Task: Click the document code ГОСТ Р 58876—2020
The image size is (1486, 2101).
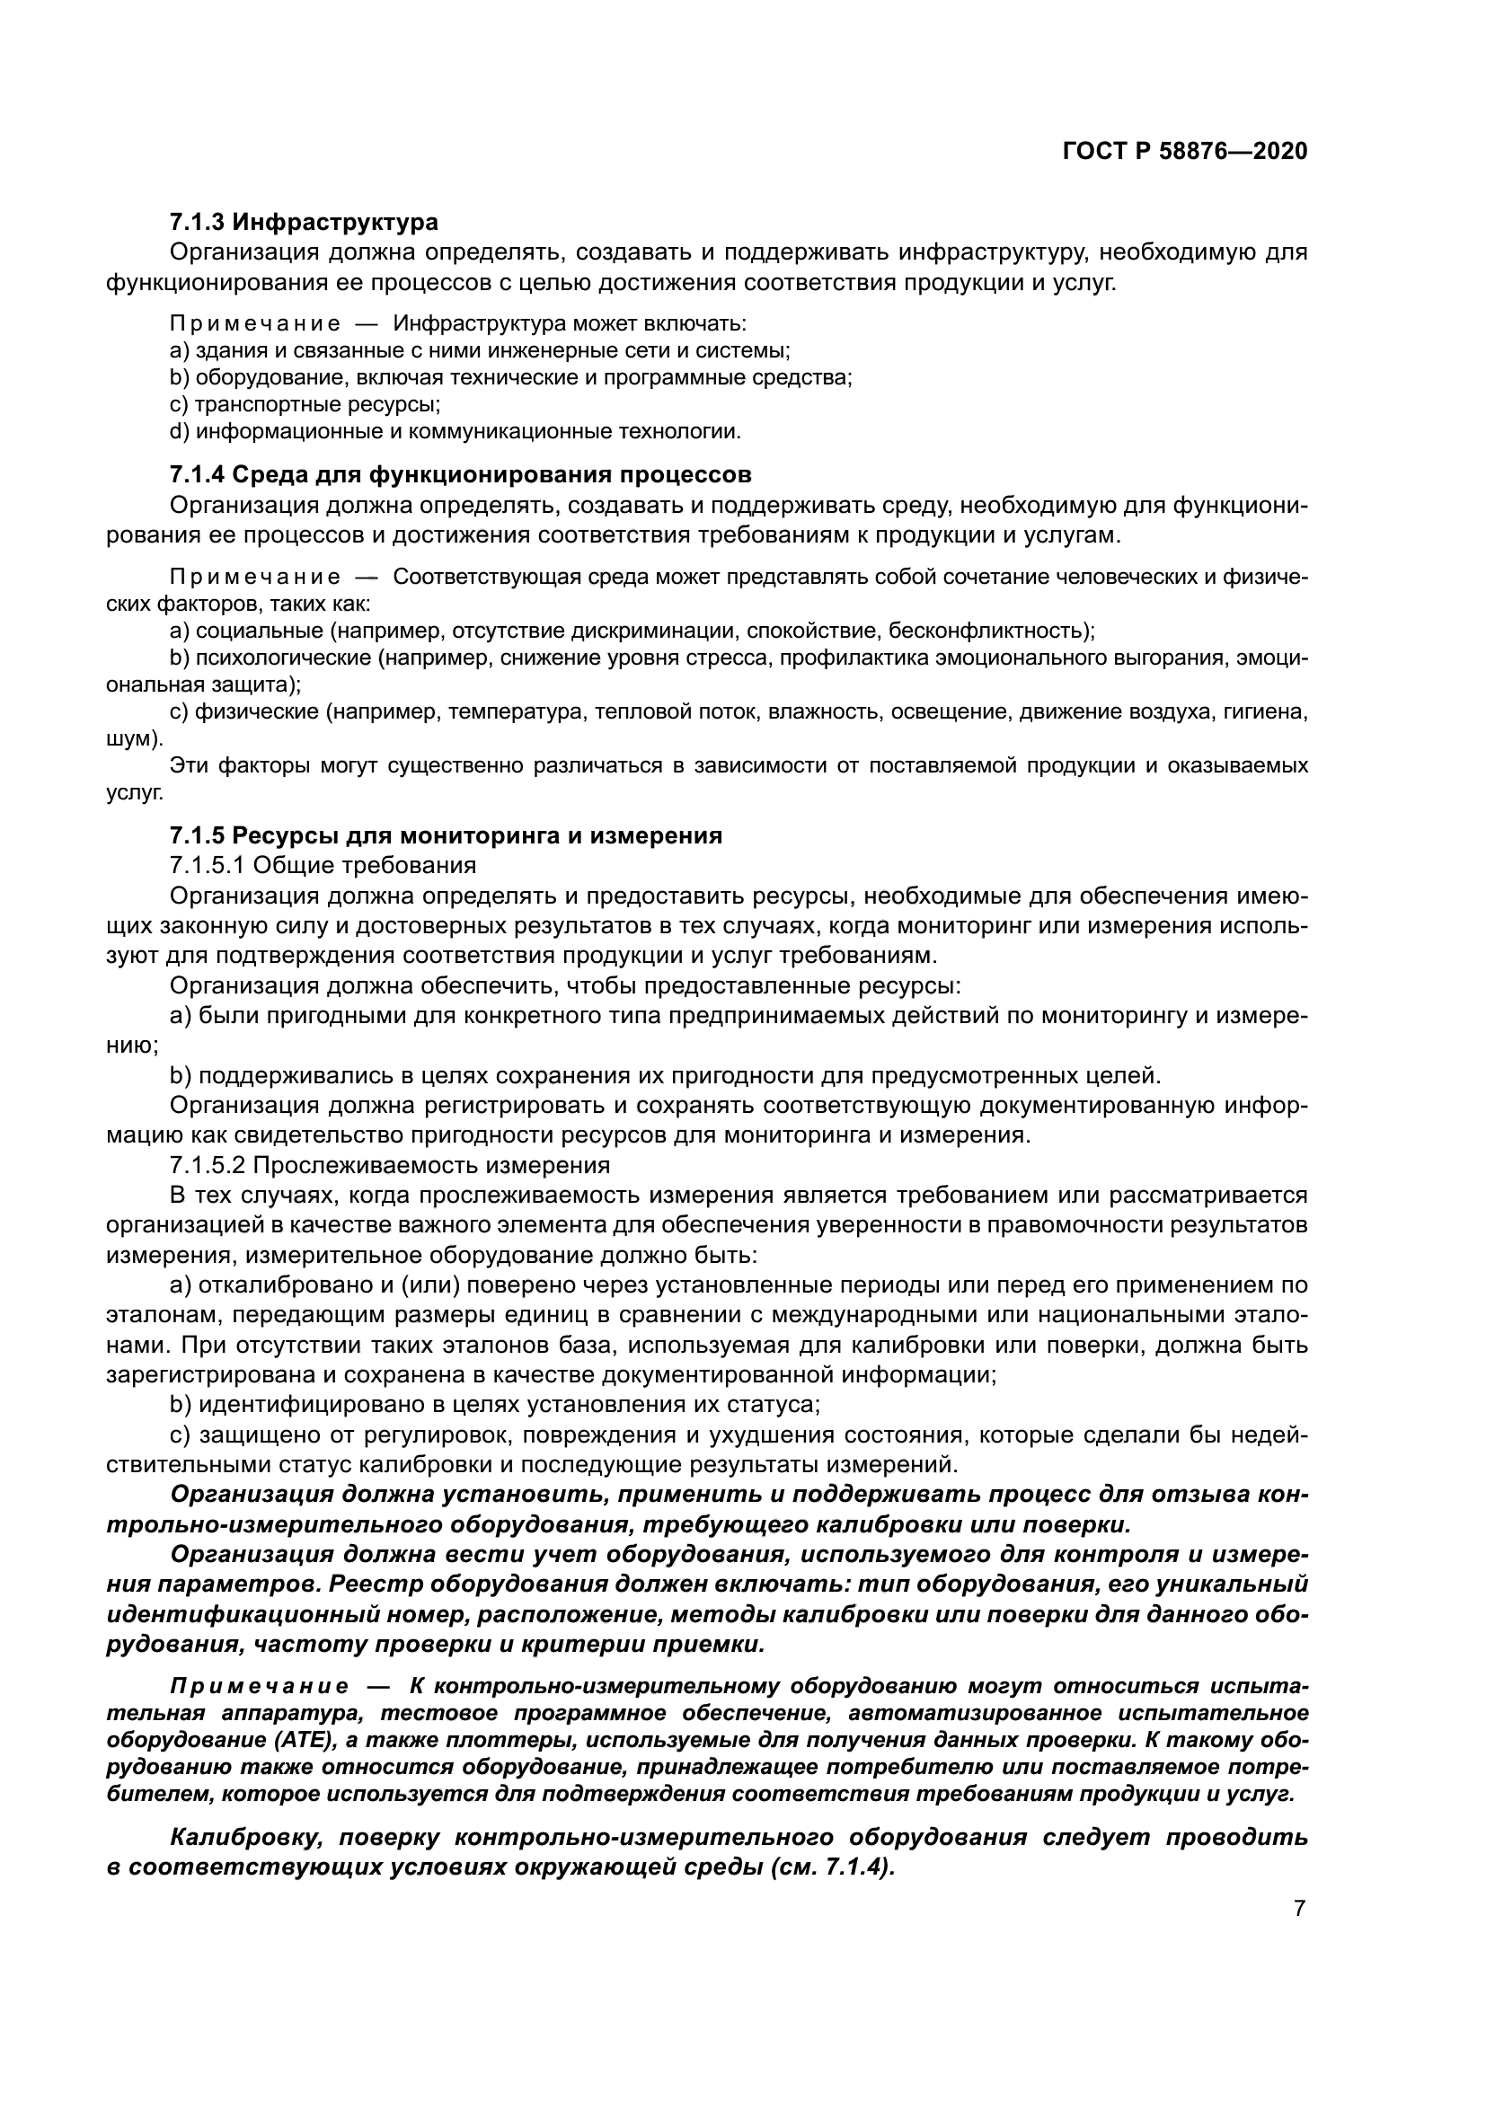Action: (x=1184, y=152)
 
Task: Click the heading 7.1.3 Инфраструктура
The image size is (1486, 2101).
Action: (x=304, y=223)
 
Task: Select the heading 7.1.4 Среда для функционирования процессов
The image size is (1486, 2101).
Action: (x=460, y=475)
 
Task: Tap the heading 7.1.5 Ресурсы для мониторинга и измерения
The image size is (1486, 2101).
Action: (x=446, y=835)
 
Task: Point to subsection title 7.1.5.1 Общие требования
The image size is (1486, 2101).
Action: (x=323, y=866)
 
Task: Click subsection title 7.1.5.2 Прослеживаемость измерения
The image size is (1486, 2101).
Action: (x=390, y=1165)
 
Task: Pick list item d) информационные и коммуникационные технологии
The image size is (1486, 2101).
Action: (x=455, y=431)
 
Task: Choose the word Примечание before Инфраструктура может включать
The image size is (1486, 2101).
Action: (x=255, y=324)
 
